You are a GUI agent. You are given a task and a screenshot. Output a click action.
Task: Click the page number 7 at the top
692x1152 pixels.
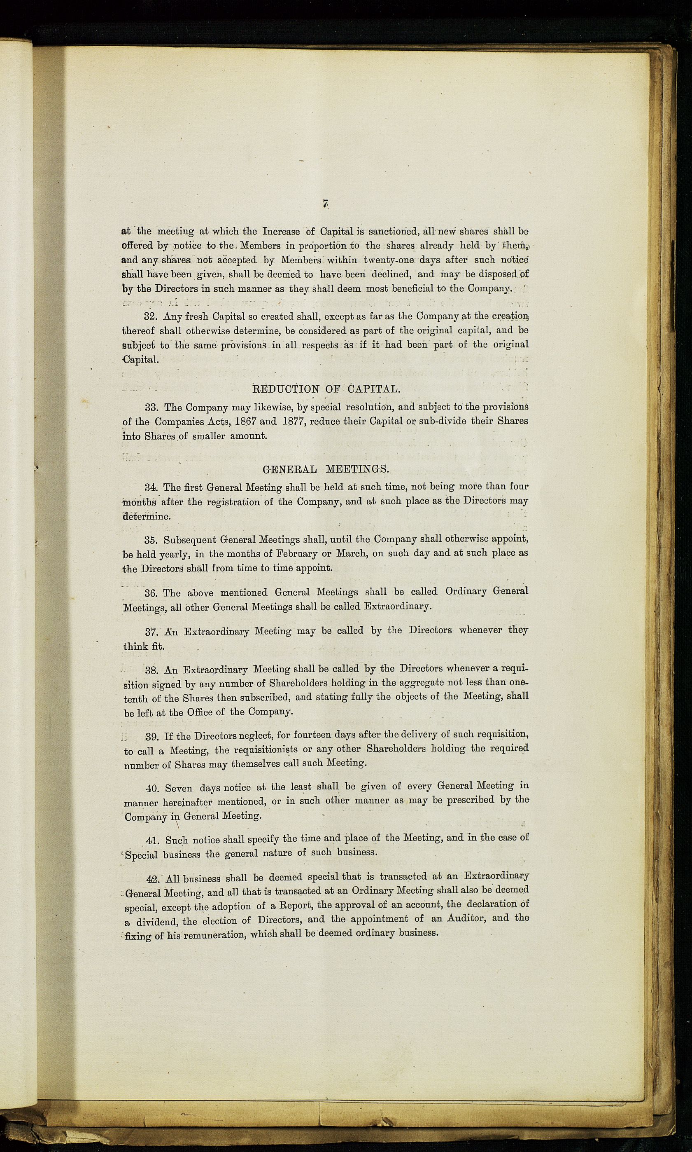pos(326,204)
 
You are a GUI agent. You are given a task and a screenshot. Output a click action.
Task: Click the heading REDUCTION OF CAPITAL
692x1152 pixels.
pos(326,389)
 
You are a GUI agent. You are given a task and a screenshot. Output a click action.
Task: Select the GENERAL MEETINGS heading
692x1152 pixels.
pos(325,469)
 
